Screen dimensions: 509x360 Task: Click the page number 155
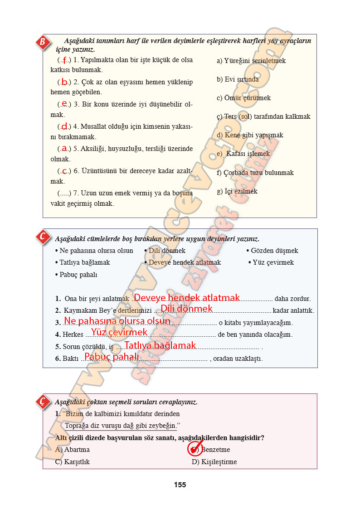180,485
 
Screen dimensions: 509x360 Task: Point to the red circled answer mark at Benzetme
195,449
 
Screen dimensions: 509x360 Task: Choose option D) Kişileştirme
214,462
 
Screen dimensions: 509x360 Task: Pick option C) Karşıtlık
72,462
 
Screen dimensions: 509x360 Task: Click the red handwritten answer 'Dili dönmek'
187,309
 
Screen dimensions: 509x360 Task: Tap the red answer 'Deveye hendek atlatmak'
187,298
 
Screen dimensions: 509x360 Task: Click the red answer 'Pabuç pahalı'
112,357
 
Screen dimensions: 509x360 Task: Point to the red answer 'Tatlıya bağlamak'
160,345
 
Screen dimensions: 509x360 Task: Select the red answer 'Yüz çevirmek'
119,333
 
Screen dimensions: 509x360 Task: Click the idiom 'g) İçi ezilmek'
237,191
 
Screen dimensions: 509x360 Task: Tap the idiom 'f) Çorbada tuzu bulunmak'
255,173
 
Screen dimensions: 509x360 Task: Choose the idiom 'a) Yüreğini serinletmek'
251,61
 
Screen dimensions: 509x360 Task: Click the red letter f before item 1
64,60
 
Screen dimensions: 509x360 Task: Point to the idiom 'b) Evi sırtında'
238,79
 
